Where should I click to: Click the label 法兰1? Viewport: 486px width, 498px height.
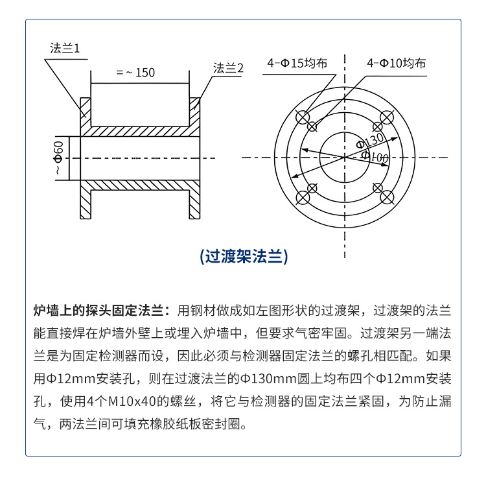(65, 48)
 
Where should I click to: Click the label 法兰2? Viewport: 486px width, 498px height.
(228, 68)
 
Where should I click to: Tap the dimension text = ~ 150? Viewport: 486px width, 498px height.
(135, 73)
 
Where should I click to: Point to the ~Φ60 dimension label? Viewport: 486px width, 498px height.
(58, 158)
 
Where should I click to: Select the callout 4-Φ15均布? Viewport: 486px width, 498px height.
(297, 63)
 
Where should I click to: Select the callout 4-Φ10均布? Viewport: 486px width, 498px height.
(396, 63)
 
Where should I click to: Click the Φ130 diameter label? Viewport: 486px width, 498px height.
(370, 141)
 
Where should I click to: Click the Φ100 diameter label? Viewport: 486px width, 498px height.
(375, 156)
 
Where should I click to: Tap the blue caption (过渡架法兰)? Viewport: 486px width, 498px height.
(244, 256)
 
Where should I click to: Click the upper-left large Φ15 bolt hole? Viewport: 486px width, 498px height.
(303, 117)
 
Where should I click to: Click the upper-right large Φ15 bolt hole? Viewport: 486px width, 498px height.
(387, 117)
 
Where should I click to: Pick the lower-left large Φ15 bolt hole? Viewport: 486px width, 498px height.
(303, 198)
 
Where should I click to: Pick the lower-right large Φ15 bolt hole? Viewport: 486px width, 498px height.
(387, 198)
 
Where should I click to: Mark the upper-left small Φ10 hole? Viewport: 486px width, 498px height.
(312, 126)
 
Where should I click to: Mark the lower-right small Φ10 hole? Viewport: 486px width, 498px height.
(377, 188)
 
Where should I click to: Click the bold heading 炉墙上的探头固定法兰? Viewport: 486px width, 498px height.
(98, 311)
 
